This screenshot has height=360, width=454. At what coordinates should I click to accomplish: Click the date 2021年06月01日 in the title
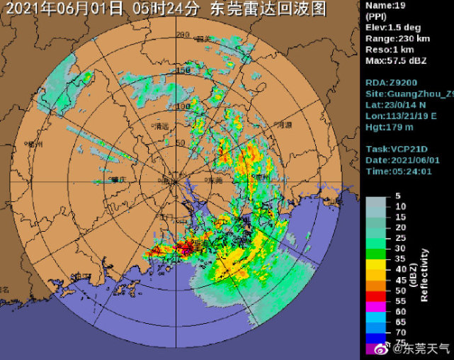tap(65, 9)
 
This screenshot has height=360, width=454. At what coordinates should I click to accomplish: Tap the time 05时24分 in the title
tap(169, 9)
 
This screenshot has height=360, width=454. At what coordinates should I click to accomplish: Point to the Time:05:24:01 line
tap(399, 171)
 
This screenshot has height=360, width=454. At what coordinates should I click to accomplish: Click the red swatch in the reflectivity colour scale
tap(375, 294)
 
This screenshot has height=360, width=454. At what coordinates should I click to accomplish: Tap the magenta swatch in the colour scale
tap(375, 310)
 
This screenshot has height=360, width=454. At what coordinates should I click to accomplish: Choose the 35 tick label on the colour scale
tap(401, 259)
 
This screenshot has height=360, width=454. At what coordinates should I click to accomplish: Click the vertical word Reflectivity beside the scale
tap(424, 275)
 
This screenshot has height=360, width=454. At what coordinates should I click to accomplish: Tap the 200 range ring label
tap(183, 35)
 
